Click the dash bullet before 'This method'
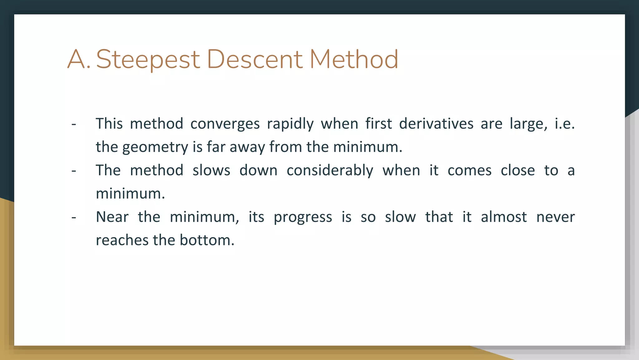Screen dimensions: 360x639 point(74,124)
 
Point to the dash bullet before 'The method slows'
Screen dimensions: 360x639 point(74,171)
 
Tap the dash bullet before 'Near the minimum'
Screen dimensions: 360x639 point(74,217)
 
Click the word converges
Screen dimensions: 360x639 point(225,124)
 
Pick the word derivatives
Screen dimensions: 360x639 point(436,123)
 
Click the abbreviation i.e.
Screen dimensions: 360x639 point(564,123)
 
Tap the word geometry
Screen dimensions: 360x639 point(155,147)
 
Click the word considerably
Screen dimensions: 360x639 point(330,171)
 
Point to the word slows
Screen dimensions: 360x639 point(211,171)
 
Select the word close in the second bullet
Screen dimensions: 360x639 point(518,171)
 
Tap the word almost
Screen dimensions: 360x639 point(504,217)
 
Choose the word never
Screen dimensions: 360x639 point(555,217)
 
